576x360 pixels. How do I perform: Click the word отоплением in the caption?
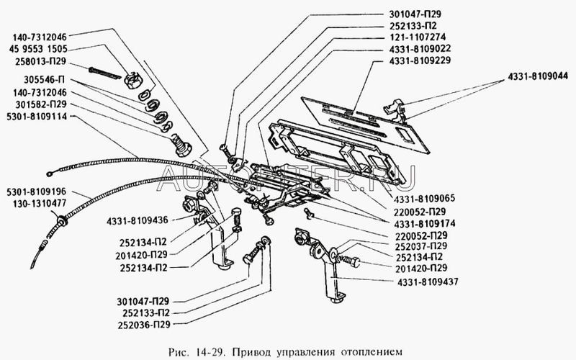368,351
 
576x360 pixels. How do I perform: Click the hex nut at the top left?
135,77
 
